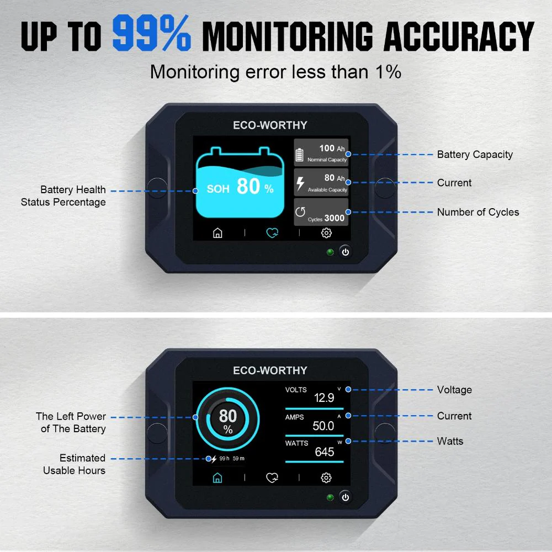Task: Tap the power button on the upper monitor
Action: (x=346, y=252)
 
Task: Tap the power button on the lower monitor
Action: (x=346, y=497)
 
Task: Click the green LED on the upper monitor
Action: (x=331, y=252)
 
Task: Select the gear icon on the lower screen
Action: (x=326, y=477)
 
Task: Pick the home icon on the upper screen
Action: (x=217, y=233)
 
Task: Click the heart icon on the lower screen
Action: (x=272, y=477)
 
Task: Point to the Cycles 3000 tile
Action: (x=321, y=213)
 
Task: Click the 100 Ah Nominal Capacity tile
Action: (x=321, y=152)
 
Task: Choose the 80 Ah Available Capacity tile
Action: (x=321, y=182)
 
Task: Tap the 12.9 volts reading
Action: (x=324, y=398)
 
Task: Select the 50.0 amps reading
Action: (x=323, y=426)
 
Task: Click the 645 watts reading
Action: (x=325, y=452)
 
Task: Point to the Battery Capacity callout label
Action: (x=475, y=155)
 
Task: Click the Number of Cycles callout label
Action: (x=478, y=212)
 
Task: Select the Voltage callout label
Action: (x=454, y=390)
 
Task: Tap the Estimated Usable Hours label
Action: (x=75, y=464)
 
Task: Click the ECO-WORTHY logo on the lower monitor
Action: (x=270, y=370)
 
